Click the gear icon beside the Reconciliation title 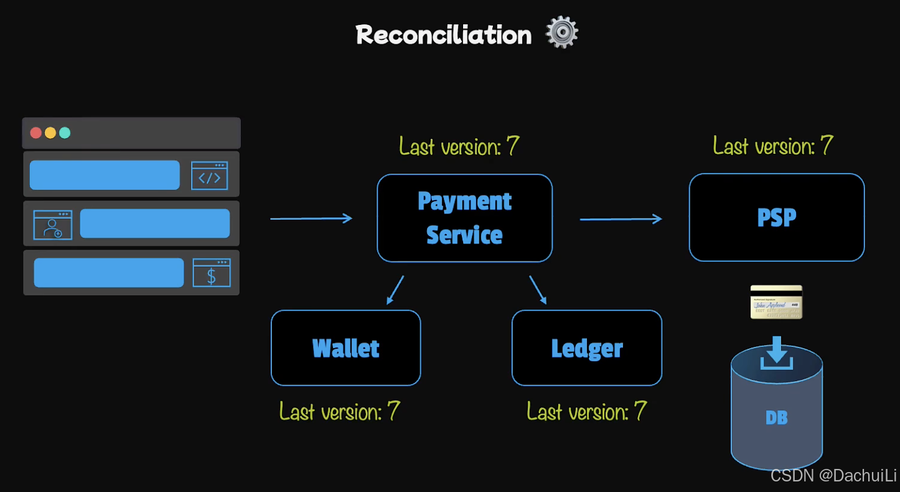click(561, 32)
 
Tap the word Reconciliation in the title click(444, 35)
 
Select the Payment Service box click(464, 218)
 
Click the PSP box click(776, 217)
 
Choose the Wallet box click(345, 348)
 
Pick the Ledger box click(586, 348)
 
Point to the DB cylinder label click(776, 417)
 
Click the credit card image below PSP click(776, 302)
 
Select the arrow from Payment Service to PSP click(620, 219)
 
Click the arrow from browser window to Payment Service click(311, 218)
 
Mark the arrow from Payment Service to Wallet click(395, 290)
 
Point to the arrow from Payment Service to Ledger click(538, 290)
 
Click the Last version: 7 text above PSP click(772, 146)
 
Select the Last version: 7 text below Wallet click(339, 412)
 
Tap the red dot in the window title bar click(36, 133)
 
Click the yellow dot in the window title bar click(50, 133)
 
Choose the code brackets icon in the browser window click(209, 176)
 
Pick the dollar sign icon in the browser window click(211, 273)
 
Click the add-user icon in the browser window click(52, 225)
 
